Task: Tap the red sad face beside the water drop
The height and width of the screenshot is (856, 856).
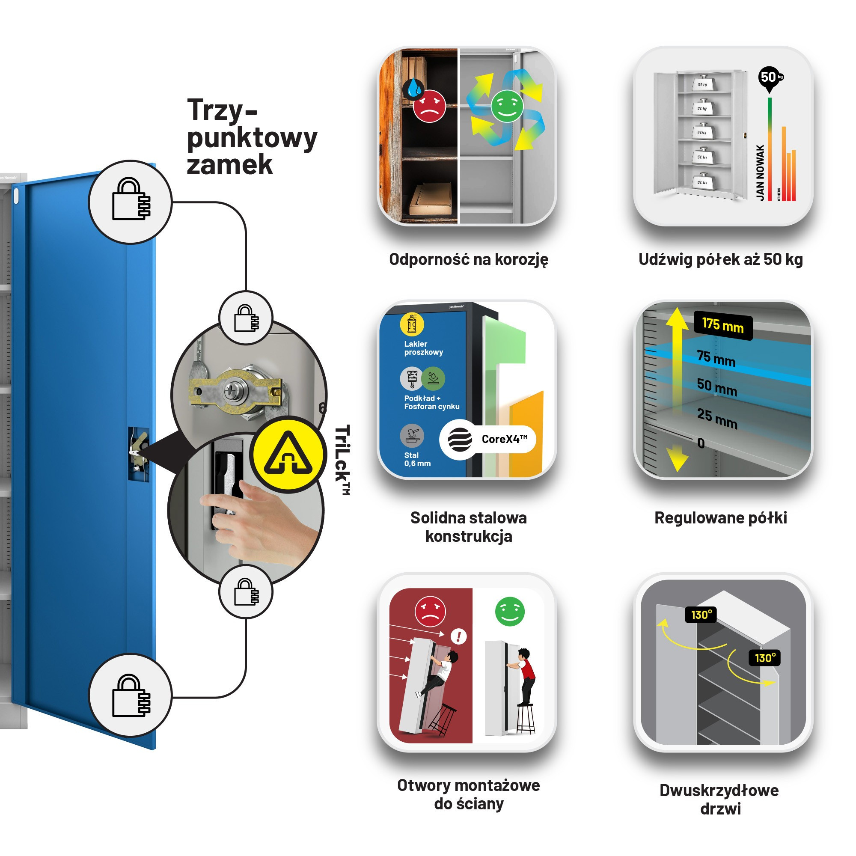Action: coord(429,106)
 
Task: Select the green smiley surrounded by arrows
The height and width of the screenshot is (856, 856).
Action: coord(507,106)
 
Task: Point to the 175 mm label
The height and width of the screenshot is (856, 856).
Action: coord(722,326)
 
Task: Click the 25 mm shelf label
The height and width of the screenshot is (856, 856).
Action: coord(717,418)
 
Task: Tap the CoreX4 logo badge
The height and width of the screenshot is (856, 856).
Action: coord(488,439)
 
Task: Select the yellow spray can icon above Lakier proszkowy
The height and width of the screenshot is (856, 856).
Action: coord(412,324)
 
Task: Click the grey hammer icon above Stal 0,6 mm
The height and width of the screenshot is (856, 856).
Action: coord(412,436)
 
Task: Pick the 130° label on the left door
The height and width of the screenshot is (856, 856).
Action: coord(701,615)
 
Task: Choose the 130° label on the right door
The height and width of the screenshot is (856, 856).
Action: coord(765,658)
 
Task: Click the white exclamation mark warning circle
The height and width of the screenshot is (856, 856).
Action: coord(458,637)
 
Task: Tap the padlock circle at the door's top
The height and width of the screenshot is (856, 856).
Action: coord(130,202)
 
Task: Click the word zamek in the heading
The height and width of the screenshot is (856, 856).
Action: coord(229,165)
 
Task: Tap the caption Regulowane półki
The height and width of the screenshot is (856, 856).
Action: coord(720,517)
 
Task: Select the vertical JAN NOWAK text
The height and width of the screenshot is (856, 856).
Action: coord(760,172)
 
